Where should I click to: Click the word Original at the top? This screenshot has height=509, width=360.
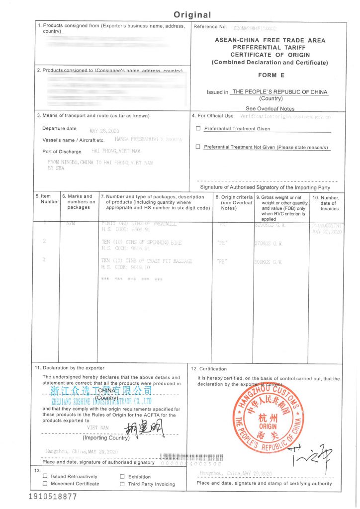[192, 15]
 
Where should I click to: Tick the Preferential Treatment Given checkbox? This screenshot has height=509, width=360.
[198, 129]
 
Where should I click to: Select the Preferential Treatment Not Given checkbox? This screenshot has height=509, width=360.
[198, 147]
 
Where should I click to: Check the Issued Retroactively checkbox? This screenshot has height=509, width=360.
[45, 477]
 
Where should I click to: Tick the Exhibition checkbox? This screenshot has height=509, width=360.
[122, 477]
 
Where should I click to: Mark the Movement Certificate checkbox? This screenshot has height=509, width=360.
[45, 484]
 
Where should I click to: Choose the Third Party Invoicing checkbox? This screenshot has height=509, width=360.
[122, 484]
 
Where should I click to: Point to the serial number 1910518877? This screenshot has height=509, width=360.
[53, 497]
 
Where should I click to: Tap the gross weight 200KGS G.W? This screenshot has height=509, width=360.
[269, 261]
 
